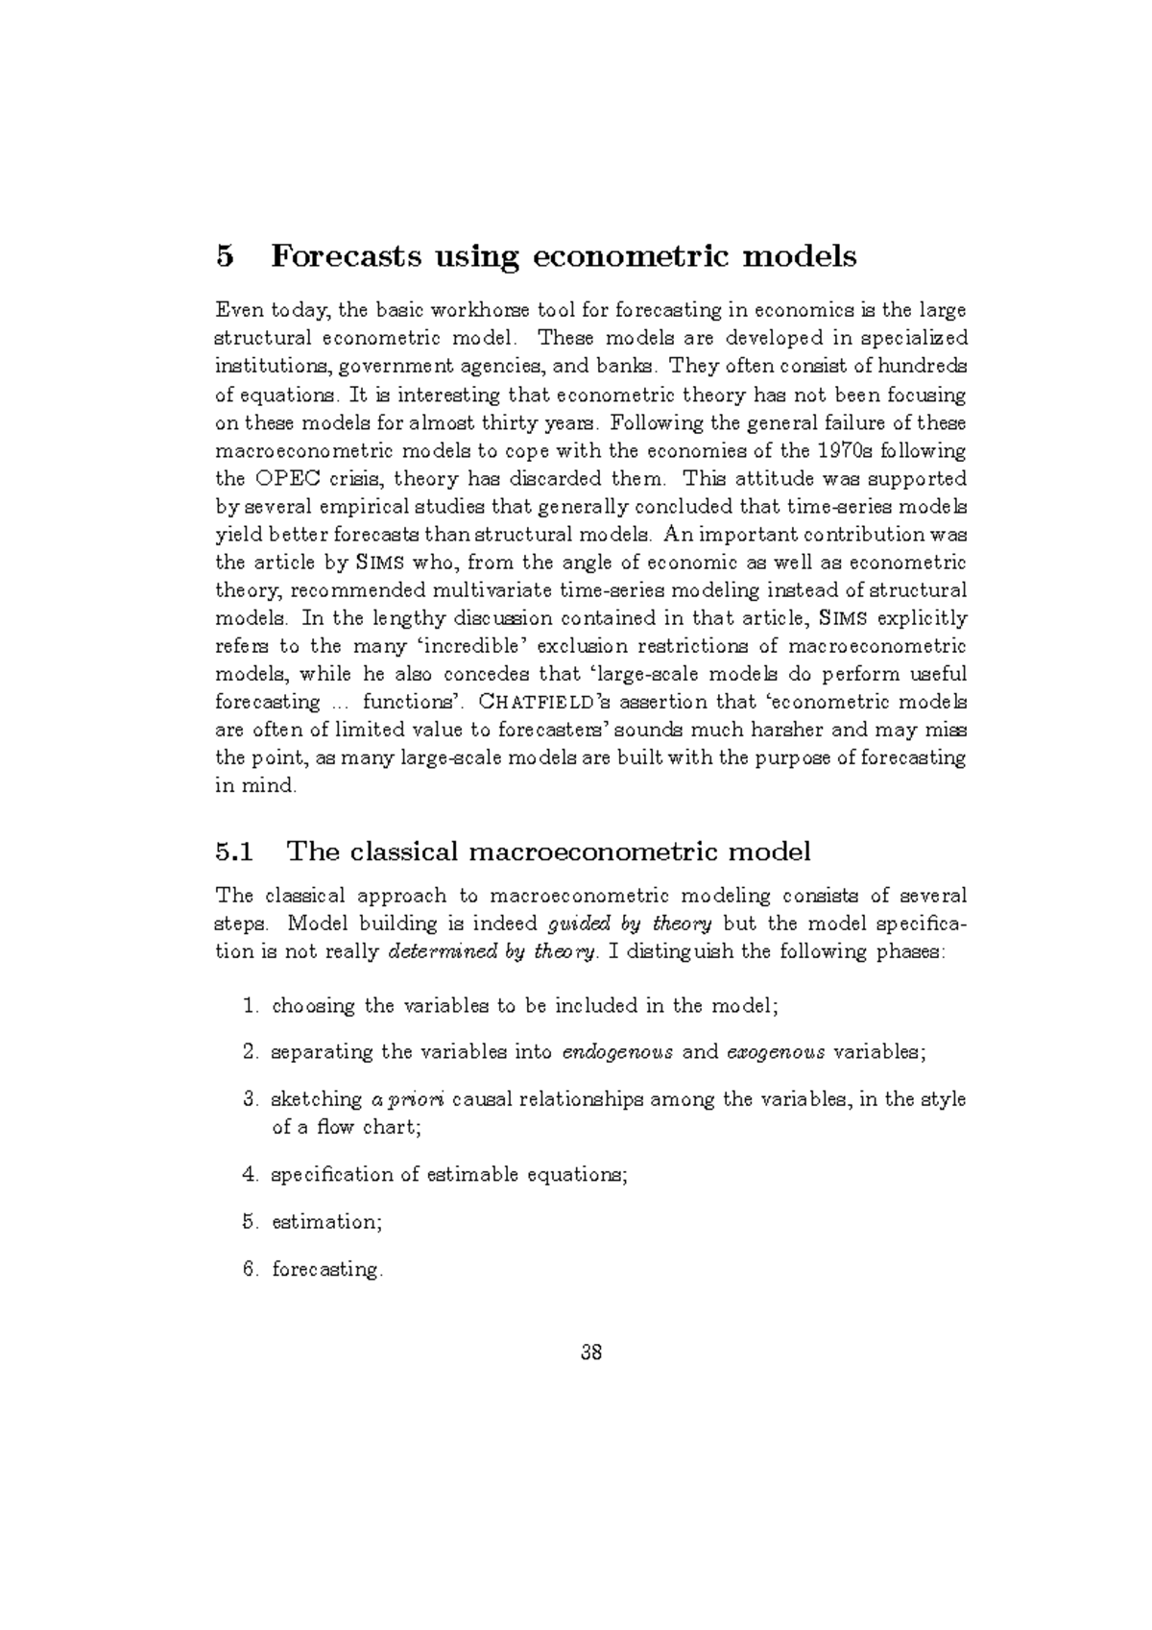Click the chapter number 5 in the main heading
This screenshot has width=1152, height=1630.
click(225, 257)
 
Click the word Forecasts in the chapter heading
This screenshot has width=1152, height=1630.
click(347, 257)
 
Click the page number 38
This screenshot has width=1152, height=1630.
click(591, 1354)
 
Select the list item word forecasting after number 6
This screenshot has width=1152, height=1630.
click(325, 1270)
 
